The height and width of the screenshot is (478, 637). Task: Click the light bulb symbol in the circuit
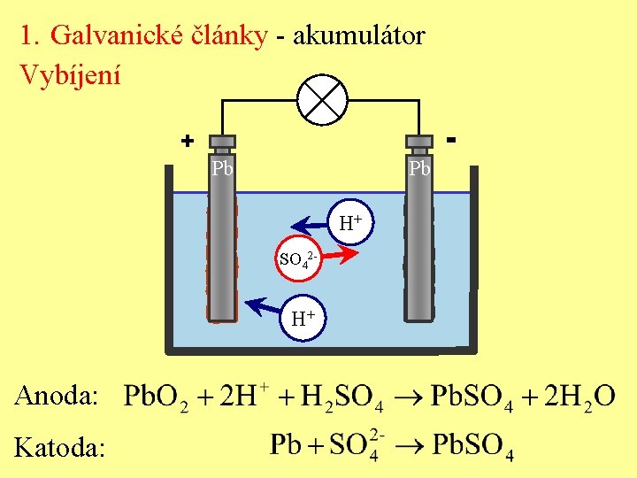pyautogui.click(x=321, y=100)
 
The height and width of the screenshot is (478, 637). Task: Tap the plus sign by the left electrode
pyautogui.click(x=187, y=141)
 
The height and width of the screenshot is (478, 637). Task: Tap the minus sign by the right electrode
pyautogui.click(x=451, y=139)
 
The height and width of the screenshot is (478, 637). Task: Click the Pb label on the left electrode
pyautogui.click(x=222, y=167)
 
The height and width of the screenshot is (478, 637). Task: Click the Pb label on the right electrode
pyautogui.click(x=418, y=167)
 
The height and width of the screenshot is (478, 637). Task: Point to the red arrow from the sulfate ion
pyautogui.click(x=339, y=255)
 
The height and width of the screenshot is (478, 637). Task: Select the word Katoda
pyautogui.click(x=59, y=449)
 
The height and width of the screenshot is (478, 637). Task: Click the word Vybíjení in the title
pyautogui.click(x=70, y=74)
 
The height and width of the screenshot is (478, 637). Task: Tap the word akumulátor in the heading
pyautogui.click(x=358, y=35)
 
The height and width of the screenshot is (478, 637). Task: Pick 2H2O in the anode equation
pyautogui.click(x=580, y=397)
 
